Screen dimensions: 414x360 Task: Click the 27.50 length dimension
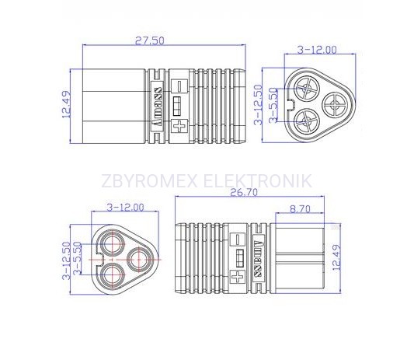150,40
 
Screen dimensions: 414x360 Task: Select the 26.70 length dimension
244,192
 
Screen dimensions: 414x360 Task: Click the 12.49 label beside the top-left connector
66,104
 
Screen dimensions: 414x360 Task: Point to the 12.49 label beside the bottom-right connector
336,257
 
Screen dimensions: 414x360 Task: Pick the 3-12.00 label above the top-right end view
317,50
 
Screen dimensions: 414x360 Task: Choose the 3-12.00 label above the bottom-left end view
125,208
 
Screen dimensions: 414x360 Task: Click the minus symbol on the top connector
179,86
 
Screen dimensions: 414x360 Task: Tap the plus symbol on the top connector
179,126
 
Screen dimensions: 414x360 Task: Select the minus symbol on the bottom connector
238,239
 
